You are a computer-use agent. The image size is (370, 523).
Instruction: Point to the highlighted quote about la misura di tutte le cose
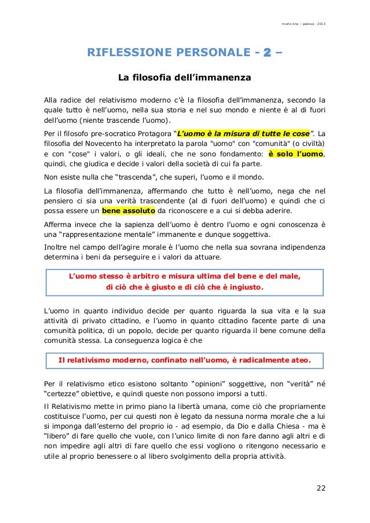243,132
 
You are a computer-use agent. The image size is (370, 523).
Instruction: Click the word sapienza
137,226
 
